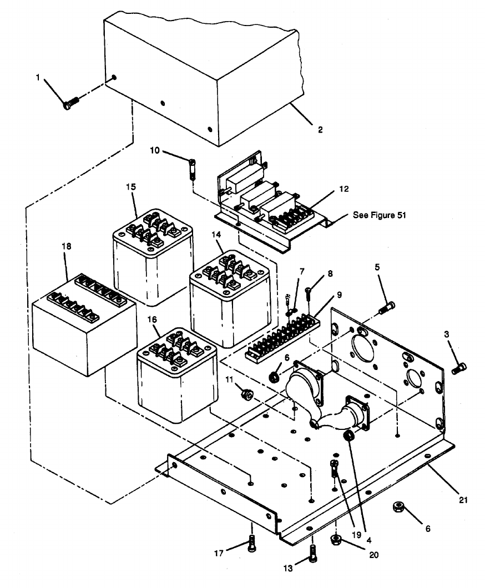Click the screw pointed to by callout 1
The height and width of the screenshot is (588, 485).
[x=70, y=103]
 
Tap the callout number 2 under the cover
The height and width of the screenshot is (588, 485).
[x=320, y=130]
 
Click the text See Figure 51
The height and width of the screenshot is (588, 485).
[x=380, y=215]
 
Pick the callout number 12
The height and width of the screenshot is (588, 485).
[x=344, y=189]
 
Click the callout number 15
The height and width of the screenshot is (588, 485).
[x=131, y=187]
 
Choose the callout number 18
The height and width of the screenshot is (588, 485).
[x=68, y=245]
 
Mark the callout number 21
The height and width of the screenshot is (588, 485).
[x=463, y=500]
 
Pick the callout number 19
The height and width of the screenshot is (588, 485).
[x=356, y=536]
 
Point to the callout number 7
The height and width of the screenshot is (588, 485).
[x=302, y=271]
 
